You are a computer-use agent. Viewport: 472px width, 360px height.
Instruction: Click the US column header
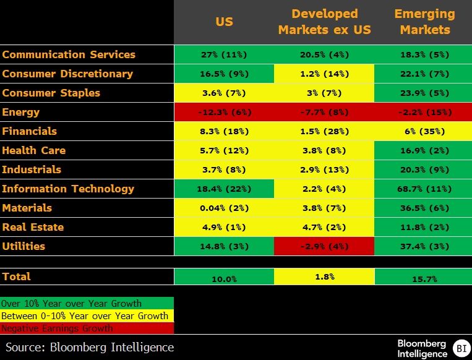(224, 22)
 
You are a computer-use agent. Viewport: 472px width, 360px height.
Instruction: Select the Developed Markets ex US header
(324, 22)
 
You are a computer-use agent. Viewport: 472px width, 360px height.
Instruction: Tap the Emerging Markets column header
(424, 22)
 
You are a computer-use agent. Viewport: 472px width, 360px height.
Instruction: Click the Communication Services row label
(69, 54)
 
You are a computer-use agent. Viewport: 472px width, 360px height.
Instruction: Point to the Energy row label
(21, 112)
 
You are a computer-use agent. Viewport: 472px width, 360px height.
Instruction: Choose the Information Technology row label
(68, 189)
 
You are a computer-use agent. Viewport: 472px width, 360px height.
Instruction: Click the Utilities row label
(24, 246)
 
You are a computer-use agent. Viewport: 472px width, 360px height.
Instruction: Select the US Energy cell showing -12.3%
(224, 112)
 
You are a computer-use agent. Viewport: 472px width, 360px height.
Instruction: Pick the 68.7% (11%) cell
(424, 189)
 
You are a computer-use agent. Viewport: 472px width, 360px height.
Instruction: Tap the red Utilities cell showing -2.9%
(324, 246)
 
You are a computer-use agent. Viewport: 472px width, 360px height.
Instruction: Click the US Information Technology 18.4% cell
(224, 189)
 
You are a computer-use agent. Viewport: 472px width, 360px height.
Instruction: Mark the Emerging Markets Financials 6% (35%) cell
(424, 131)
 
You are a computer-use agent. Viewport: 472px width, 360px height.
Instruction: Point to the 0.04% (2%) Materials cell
(224, 208)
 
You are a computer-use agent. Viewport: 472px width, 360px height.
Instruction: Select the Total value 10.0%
(224, 278)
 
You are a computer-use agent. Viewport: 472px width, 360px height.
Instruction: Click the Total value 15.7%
(424, 278)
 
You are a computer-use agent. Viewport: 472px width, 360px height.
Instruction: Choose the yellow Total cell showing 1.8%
(324, 276)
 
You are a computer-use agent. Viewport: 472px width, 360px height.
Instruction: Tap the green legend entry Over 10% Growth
(72, 304)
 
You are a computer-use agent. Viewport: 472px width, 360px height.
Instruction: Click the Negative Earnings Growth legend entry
(58, 328)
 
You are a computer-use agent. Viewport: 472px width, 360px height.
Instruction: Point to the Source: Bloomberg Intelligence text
(90, 347)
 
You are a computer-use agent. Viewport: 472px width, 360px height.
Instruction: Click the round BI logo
(460, 348)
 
